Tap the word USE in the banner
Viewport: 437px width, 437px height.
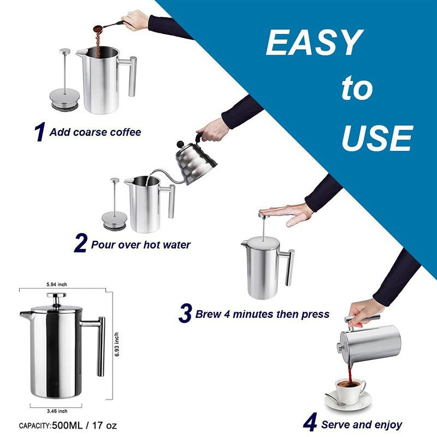376,138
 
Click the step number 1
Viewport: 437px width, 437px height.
39,132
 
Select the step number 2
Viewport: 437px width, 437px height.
80,244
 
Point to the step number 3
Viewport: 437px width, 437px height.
186,314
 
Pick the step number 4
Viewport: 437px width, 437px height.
310,423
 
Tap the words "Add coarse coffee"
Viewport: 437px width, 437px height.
95,132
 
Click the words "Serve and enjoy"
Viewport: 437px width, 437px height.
362,424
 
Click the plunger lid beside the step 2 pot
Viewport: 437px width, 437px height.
115,218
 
